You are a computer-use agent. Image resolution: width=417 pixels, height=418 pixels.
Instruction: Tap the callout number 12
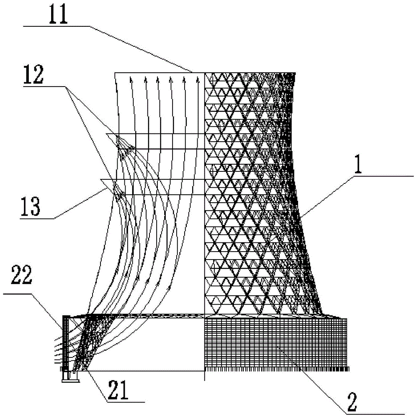[33, 75]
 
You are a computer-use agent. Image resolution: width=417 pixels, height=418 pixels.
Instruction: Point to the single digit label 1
[358, 164]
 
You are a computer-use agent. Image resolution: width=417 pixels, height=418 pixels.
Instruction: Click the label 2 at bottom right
[352, 402]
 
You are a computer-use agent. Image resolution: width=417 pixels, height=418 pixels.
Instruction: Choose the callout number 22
[22, 275]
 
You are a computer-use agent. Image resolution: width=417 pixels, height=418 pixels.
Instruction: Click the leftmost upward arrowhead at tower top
[131, 79]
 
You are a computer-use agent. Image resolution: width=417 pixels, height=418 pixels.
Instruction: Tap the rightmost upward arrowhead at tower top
[198, 79]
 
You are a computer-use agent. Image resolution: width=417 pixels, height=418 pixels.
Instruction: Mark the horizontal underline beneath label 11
[57, 26]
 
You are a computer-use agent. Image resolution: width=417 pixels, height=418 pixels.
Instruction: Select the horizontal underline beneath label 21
[126, 401]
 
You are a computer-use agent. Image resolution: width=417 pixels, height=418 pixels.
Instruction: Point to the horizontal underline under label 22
[17, 294]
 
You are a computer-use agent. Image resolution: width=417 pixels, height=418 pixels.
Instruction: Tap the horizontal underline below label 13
[37, 219]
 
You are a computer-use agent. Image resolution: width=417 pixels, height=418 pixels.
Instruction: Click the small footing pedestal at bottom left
[70, 377]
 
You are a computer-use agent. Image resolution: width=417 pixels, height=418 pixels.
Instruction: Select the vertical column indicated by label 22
[66, 343]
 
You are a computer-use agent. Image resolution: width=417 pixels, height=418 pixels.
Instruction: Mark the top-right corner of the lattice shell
[296, 72]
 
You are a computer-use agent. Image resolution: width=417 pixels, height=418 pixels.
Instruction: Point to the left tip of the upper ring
[106, 134]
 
